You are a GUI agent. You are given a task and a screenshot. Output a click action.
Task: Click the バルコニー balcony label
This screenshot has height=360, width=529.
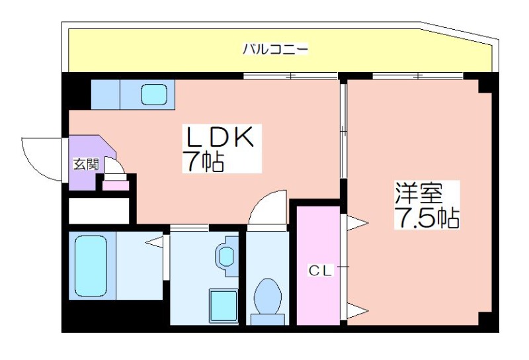(275, 50)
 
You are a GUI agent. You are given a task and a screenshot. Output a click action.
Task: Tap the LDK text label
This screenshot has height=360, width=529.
(219, 137)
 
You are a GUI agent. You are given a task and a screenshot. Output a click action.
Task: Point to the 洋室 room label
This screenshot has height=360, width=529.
(419, 193)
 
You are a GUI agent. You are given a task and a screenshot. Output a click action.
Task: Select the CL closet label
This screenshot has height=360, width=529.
(321, 270)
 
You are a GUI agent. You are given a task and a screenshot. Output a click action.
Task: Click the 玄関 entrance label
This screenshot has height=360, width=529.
(86, 164)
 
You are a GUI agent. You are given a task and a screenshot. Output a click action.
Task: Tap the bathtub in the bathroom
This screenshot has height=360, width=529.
(91, 265)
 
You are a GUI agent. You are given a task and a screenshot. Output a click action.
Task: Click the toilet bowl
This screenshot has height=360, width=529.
(268, 296)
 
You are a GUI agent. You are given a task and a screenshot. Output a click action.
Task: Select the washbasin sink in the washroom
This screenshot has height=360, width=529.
(226, 255)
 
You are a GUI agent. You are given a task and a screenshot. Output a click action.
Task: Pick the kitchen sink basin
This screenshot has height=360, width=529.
(154, 94)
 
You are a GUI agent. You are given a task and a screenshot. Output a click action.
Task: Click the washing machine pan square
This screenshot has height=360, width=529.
(224, 306)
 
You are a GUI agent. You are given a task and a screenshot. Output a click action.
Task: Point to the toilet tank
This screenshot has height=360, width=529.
(268, 319)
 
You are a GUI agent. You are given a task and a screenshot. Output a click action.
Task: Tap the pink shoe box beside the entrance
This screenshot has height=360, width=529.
(116, 185)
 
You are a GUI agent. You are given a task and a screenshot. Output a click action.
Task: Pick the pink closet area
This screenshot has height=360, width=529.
(318, 265)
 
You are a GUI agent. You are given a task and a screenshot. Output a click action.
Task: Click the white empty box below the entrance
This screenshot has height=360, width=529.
(99, 210)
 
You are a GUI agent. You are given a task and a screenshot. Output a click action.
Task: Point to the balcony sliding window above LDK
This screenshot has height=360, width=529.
(290, 76)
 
